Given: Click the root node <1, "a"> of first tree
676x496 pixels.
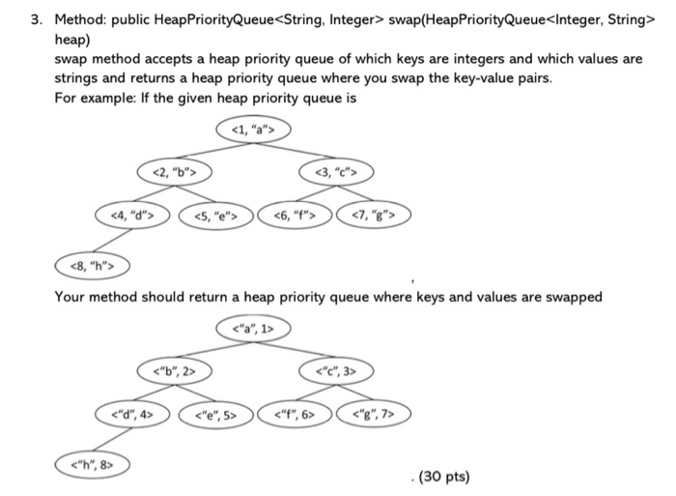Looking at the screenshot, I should point(254,129).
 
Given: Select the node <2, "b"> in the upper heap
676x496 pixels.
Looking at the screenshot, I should point(175,172).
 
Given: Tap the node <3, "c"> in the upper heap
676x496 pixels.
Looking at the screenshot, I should point(336,173).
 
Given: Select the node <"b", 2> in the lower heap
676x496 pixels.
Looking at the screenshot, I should point(175,371).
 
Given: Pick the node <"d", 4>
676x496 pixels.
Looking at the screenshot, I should point(133,415).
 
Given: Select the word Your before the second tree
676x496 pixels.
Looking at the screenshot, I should point(70,297).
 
